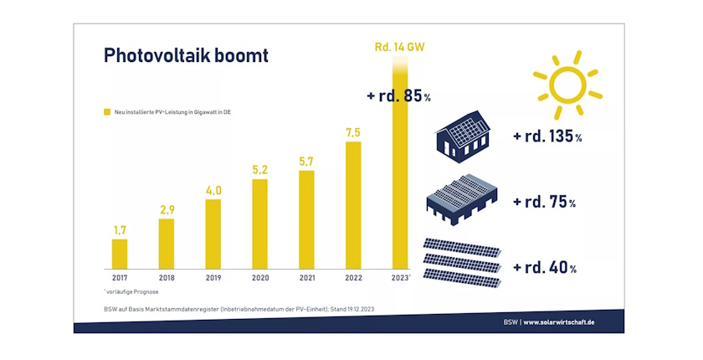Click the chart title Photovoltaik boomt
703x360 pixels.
tap(186, 55)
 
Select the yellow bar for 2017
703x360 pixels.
tap(120, 252)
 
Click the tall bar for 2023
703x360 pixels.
tap(400, 167)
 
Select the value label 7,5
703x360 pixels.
tap(353, 131)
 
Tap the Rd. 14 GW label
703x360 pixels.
tap(399, 47)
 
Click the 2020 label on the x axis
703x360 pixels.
tap(259, 276)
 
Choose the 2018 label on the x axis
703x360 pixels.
tap(166, 276)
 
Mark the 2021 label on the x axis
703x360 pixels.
tap(306, 276)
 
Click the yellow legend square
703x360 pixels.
tap(106, 111)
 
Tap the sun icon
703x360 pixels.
tap(567, 85)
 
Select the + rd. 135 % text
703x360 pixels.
tap(546, 136)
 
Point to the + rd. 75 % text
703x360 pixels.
tap(544, 203)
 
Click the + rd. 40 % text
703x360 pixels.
tap(544, 268)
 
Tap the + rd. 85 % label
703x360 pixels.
tap(398, 96)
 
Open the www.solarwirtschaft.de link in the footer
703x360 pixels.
tap(571, 322)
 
